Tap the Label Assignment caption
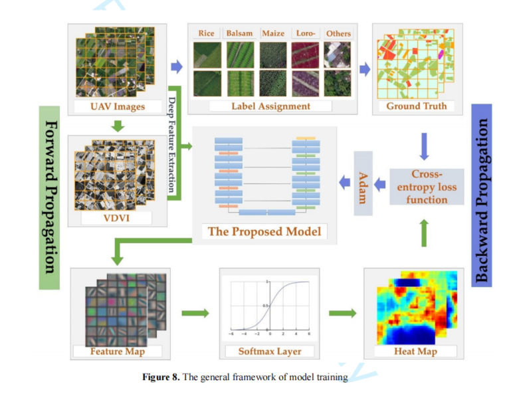click(x=270, y=106)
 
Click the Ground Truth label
click(x=417, y=106)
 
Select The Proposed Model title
click(x=264, y=231)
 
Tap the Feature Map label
click(x=117, y=350)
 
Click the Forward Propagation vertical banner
click(x=50, y=197)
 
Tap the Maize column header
click(x=272, y=33)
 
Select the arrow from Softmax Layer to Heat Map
click(x=340, y=312)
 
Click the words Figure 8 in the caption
click(x=161, y=377)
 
